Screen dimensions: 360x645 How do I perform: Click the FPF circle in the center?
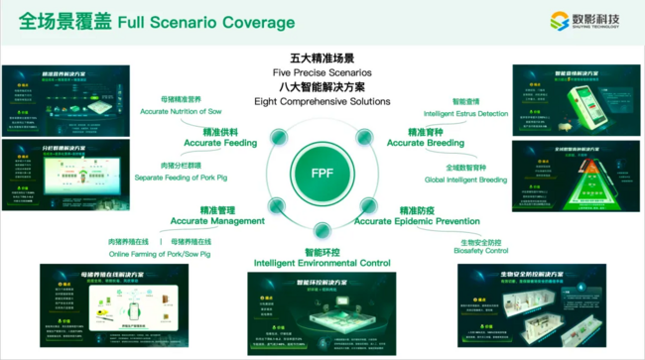click(x=323, y=173)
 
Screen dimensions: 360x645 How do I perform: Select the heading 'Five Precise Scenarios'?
click(x=322, y=73)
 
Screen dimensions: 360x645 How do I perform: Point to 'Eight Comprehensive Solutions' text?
click(x=322, y=101)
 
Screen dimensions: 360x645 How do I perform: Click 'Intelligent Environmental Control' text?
click(x=322, y=263)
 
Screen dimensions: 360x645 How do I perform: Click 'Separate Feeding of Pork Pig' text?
click(x=182, y=178)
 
